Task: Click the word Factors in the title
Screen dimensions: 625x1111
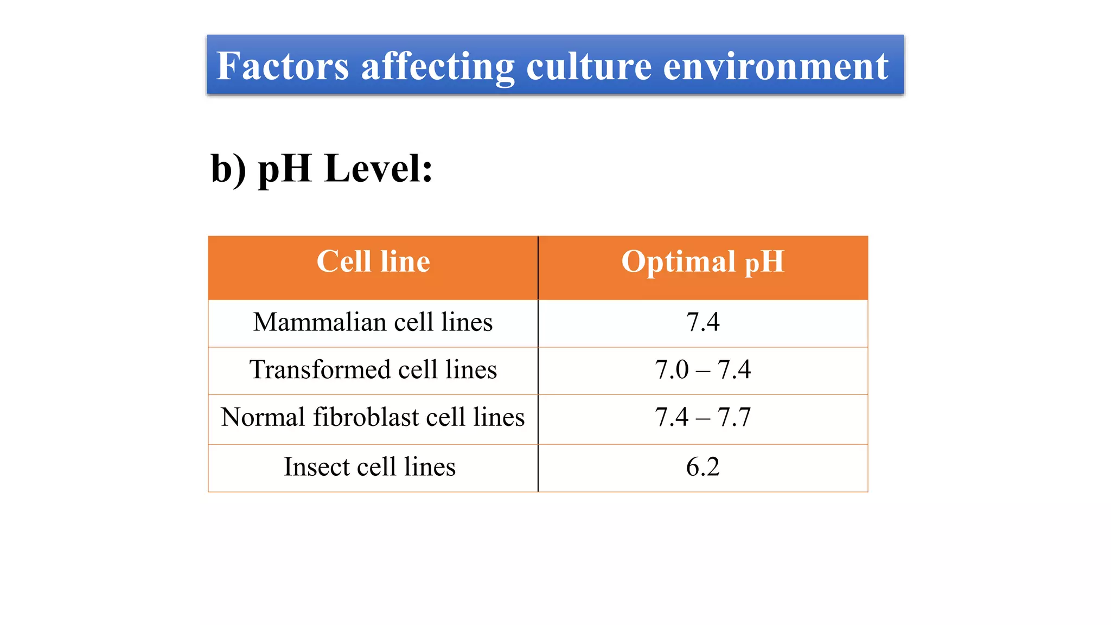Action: click(282, 66)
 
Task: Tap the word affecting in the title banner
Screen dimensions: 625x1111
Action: click(437, 66)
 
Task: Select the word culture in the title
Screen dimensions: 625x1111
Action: click(589, 66)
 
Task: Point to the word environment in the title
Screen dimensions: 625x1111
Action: click(775, 66)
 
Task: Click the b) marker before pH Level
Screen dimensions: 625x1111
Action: click(228, 169)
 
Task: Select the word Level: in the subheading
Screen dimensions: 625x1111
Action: click(378, 169)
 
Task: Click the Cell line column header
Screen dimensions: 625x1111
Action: click(373, 262)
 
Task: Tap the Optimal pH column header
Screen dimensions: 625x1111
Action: click(703, 262)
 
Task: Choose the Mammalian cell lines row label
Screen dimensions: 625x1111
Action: click(373, 322)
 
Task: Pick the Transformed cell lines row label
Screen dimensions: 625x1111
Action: click(373, 370)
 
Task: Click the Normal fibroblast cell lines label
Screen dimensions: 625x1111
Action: click(373, 418)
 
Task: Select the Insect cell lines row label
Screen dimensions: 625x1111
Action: click(369, 467)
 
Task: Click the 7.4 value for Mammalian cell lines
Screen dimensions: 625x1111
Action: click(703, 322)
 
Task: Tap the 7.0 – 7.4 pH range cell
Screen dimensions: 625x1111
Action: click(703, 370)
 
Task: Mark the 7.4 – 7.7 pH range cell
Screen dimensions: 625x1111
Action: click(703, 418)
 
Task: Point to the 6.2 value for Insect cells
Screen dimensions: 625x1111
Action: click(703, 467)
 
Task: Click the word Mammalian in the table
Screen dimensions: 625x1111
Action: click(320, 322)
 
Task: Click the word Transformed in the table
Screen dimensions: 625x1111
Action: click(320, 370)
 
